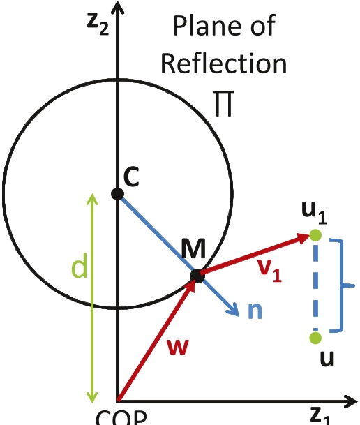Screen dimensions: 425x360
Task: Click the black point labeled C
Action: pos(118,193)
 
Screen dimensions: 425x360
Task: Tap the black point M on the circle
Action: pos(197,276)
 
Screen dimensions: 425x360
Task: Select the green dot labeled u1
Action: pos(315,236)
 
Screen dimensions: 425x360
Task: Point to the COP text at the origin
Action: pos(120,417)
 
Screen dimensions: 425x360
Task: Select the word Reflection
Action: pos(223,64)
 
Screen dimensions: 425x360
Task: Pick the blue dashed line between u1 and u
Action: pos(315,286)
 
